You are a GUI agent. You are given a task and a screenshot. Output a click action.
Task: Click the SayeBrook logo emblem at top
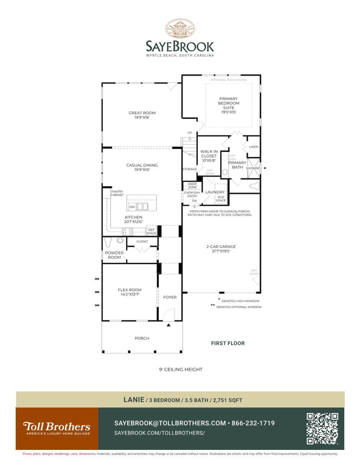[180, 29]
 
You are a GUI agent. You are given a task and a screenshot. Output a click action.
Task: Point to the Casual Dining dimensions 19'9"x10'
[142, 170]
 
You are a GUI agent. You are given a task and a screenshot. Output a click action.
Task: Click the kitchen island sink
[142, 206]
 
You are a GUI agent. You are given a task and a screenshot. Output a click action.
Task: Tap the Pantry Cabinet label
[117, 193]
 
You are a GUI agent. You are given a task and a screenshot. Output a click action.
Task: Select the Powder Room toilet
[108, 242]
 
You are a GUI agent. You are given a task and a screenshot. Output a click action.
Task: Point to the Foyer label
[170, 297]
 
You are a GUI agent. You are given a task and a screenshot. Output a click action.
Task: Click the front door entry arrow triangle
[168, 325]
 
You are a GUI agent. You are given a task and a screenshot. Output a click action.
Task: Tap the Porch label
[142, 338]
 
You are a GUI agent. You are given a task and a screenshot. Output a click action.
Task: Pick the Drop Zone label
[192, 186]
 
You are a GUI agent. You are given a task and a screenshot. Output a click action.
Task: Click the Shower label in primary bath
[253, 168]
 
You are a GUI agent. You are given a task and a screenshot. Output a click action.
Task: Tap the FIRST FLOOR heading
[228, 343]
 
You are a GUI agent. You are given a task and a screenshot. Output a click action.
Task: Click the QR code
[322, 428]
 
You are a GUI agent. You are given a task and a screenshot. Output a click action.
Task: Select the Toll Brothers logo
[57, 428]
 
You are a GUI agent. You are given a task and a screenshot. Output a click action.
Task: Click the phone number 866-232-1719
[253, 423]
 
